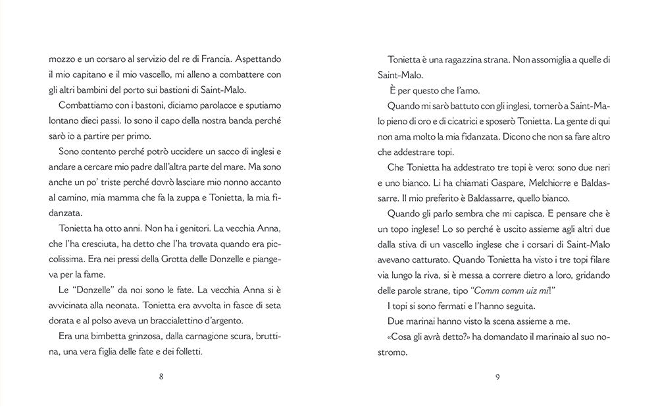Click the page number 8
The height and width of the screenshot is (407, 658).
pos(161,377)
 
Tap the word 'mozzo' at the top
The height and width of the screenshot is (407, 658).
pos(61,59)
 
